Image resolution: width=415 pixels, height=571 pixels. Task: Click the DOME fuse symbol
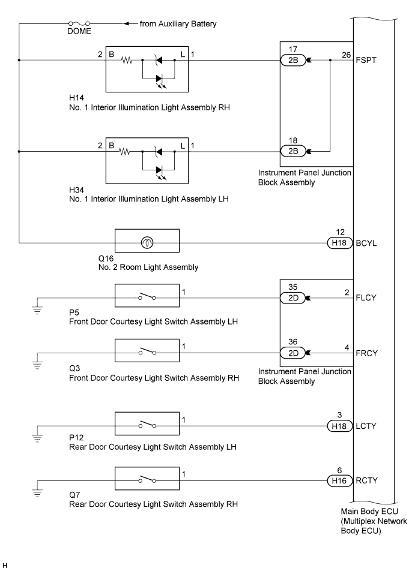79,23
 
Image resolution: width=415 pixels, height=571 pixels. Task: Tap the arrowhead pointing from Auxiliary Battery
126,23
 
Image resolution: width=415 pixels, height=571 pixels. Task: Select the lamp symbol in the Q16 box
147,242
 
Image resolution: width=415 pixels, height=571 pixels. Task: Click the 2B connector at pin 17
293,60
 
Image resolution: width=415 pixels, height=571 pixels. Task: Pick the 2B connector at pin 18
293,151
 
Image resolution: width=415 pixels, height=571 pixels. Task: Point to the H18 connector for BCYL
339,243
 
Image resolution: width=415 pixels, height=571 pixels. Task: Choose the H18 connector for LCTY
339,426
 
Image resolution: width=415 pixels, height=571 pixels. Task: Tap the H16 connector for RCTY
339,480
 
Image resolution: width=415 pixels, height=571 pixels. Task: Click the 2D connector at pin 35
293,298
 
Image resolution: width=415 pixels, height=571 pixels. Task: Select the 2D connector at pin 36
293,353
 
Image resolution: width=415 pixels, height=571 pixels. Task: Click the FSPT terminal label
366,60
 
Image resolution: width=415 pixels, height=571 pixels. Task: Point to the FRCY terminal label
366,353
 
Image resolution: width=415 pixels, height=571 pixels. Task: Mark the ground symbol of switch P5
37,310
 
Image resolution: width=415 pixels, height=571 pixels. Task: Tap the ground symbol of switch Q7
37,493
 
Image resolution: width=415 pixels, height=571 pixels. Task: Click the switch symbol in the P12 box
147,425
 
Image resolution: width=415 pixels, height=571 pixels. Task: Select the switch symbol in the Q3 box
147,351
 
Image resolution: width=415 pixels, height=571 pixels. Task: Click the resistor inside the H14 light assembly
127,60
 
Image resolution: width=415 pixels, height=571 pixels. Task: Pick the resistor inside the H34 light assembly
125,151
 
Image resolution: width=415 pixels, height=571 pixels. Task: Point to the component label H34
77,190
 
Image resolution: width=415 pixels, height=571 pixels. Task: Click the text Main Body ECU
369,511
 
